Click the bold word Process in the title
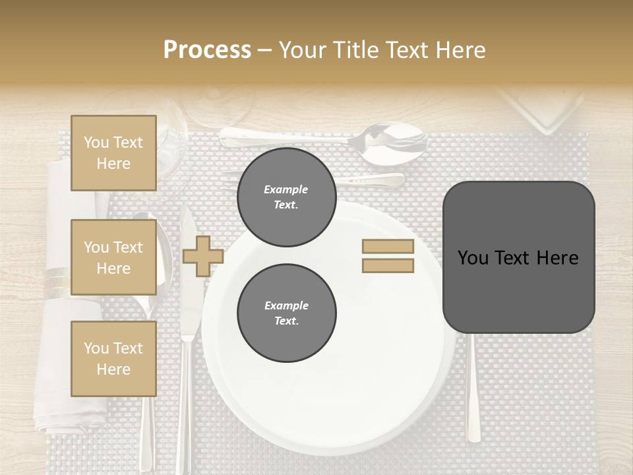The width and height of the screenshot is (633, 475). [207, 50]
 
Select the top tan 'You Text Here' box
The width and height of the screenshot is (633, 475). [113, 153]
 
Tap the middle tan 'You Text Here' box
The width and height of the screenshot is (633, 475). [113, 257]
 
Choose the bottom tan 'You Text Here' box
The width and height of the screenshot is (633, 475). [113, 358]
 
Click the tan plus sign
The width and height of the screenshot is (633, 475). [202, 256]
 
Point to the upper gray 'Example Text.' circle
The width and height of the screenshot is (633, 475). [286, 197]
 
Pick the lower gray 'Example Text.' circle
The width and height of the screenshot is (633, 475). [286, 313]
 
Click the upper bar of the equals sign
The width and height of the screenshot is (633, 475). [388, 246]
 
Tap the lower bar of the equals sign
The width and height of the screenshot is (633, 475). [388, 266]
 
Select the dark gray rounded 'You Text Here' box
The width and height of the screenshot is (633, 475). [518, 257]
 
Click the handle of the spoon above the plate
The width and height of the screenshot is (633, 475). [284, 137]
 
